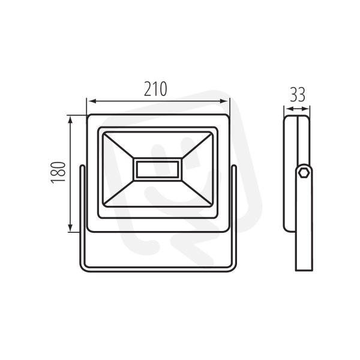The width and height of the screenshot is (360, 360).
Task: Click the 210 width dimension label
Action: [155, 89]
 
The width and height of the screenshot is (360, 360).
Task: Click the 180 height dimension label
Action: [58, 173]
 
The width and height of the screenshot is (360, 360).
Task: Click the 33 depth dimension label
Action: [298, 94]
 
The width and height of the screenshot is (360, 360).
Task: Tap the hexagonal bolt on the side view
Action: [303, 172]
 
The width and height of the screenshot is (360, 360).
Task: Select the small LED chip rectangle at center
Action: [157, 169]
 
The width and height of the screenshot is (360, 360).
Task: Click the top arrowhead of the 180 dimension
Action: [71, 119]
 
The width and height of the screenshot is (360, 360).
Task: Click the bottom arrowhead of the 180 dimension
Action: [71, 227]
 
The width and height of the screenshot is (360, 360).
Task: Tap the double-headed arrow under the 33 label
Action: [297, 109]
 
